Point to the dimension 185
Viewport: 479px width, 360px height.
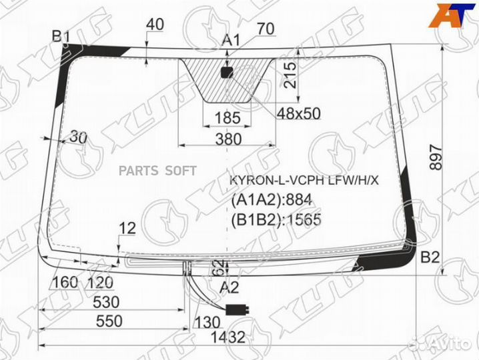[227, 118]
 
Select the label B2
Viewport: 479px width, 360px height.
[430, 257]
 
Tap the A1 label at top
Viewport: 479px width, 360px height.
[231, 41]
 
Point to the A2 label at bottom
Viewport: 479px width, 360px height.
[229, 287]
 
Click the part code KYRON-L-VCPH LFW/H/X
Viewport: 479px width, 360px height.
[304, 181]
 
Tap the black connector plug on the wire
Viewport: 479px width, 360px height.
[236, 309]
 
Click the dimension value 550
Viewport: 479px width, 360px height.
[109, 320]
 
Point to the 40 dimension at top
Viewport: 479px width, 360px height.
[154, 25]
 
